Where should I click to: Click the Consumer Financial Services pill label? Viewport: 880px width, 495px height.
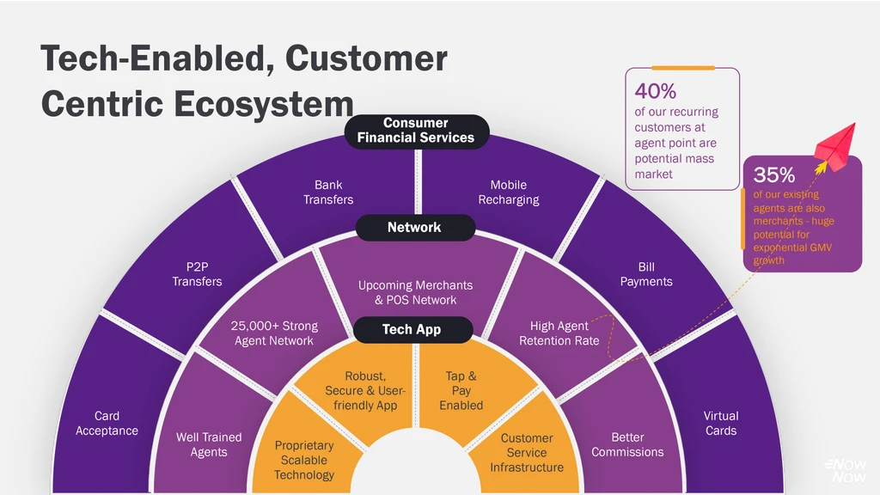(416, 131)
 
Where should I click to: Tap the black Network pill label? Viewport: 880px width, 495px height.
(414, 228)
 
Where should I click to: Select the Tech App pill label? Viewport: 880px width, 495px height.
(412, 330)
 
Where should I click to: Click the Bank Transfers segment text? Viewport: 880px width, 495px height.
(328, 192)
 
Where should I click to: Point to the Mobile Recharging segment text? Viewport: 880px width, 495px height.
(509, 192)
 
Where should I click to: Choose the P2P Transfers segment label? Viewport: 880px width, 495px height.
(197, 274)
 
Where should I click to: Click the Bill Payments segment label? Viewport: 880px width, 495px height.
(646, 274)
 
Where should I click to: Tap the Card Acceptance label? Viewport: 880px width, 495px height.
(107, 423)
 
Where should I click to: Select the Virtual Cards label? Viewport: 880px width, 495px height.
(720, 423)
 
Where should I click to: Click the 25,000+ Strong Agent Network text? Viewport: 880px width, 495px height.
(274, 333)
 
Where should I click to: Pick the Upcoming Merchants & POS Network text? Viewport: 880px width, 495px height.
(415, 292)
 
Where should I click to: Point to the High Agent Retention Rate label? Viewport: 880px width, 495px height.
(559, 333)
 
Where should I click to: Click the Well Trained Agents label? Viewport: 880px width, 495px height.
(209, 444)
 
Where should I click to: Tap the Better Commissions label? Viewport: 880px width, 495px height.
(627, 444)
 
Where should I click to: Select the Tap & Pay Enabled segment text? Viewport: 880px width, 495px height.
(461, 390)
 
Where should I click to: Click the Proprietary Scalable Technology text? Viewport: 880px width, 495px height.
(304, 460)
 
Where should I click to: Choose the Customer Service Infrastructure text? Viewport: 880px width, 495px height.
(527, 453)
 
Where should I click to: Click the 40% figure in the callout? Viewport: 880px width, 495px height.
(656, 91)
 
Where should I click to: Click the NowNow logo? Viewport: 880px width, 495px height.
(846, 470)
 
